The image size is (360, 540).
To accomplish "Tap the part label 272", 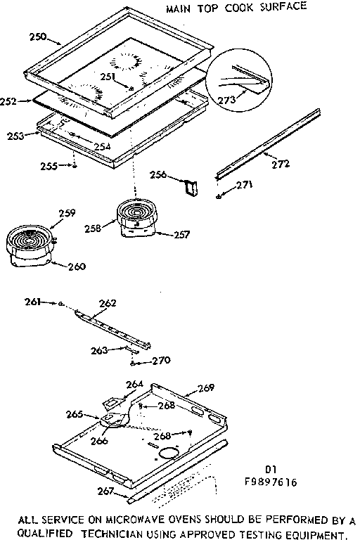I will click(281, 164).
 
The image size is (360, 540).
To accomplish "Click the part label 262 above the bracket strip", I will click(108, 304).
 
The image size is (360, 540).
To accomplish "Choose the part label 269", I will click(205, 388).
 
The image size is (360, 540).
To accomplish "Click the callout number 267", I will click(106, 491).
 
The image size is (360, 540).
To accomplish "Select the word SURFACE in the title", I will click(285, 8).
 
